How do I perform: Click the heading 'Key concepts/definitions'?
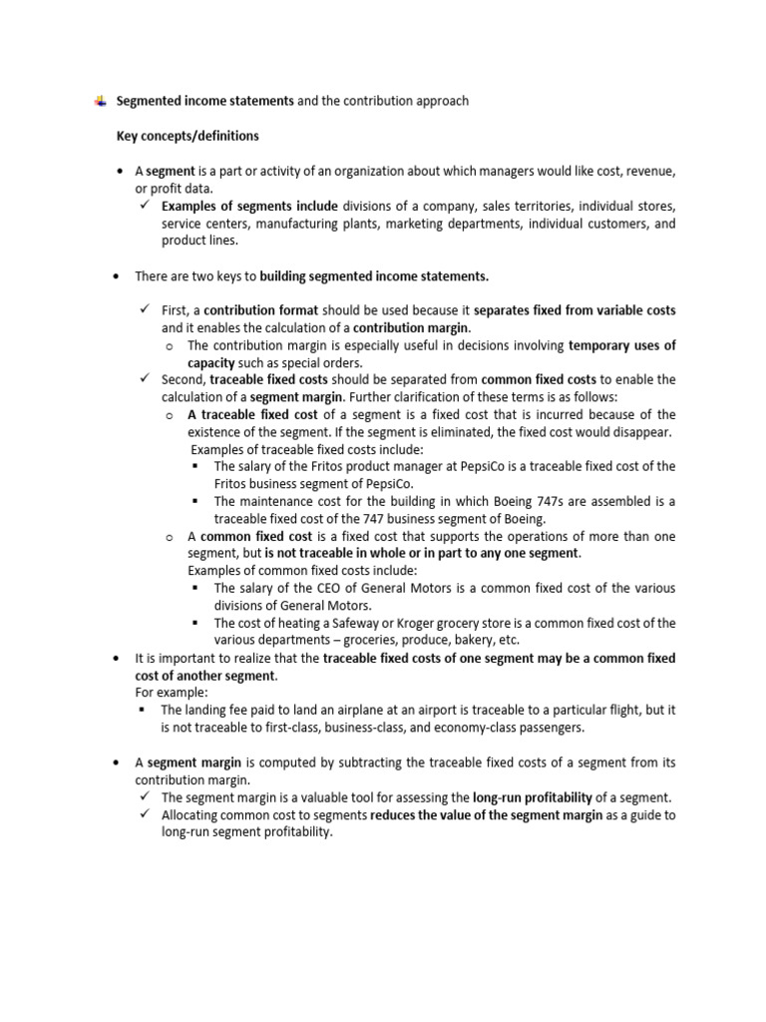click(x=188, y=136)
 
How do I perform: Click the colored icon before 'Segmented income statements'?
click(x=101, y=100)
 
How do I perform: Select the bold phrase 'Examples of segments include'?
click(x=249, y=207)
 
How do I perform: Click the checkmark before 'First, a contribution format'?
click(x=145, y=310)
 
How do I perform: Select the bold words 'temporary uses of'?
click(x=621, y=345)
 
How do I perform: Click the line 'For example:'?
click(x=173, y=692)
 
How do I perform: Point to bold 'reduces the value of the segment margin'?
click(x=487, y=814)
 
